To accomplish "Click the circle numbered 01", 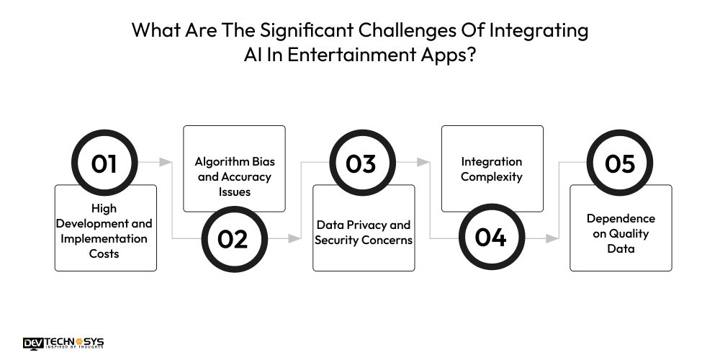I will click(x=104, y=163).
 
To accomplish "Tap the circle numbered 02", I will click(x=233, y=238).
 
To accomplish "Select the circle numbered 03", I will click(x=361, y=163).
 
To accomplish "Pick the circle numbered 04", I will click(x=490, y=238).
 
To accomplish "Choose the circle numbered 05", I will click(x=620, y=163).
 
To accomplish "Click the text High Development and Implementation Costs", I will click(x=105, y=231).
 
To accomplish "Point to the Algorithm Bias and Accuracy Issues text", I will click(x=233, y=177).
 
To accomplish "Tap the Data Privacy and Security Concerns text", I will click(x=364, y=232).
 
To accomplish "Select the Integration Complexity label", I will click(x=492, y=169).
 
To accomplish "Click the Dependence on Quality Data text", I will click(x=621, y=233).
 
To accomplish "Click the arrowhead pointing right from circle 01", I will click(x=166, y=163).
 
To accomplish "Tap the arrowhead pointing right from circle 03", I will click(x=424, y=163).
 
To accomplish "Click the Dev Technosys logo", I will click(x=63, y=342).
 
